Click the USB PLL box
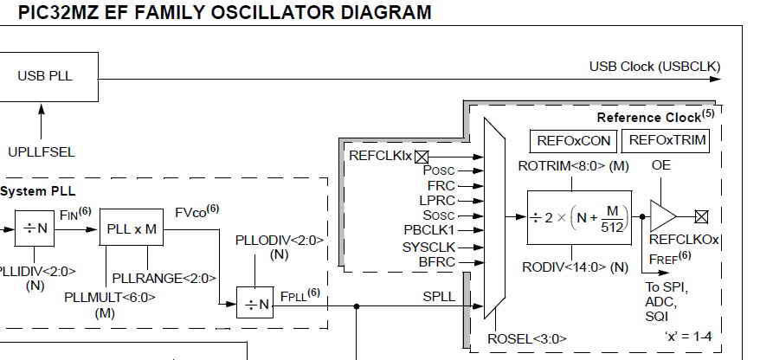pos(45,76)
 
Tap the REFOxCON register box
pos(574,141)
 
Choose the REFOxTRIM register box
pos(668,141)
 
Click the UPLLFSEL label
pos(41,152)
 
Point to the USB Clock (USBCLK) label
pos(654,67)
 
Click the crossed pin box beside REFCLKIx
pos(422,157)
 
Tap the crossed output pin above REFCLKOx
pos(702,217)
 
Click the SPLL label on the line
pos(439,296)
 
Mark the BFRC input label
pos(437,260)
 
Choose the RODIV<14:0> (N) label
pos(576,267)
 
